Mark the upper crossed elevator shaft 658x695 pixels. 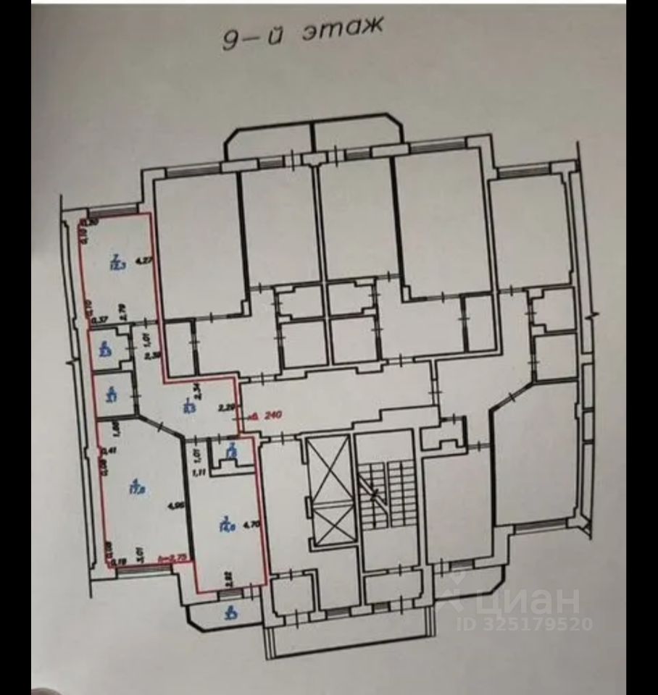[330, 469]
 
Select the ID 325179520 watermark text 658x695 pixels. [525, 623]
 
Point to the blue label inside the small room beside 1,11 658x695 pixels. [231, 453]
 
